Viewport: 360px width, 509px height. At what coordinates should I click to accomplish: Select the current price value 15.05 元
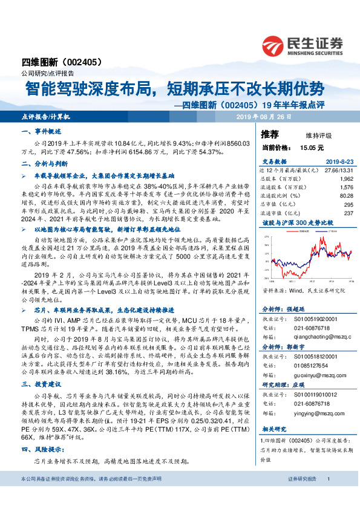312,147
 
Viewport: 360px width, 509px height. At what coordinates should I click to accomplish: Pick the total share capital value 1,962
345,180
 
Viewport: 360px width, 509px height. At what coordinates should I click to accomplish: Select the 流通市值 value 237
347,212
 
